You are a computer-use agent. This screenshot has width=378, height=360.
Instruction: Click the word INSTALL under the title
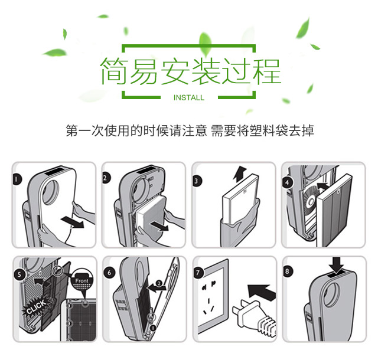[189, 97]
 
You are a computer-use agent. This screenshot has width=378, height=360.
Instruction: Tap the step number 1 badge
[17, 179]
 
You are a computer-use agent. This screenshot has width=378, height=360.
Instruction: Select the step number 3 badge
[197, 181]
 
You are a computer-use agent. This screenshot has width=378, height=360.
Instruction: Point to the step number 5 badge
[19, 274]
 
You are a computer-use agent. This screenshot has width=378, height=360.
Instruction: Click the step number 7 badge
[198, 273]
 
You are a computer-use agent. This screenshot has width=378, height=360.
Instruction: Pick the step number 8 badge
[287, 271]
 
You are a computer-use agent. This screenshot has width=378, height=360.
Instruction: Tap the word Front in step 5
[82, 281]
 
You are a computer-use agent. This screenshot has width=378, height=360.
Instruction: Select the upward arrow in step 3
[240, 174]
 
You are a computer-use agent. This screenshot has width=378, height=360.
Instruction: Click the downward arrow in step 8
[337, 265]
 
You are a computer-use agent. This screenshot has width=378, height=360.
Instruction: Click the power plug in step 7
[253, 316]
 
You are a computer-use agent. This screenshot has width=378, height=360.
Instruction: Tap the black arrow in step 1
[72, 222]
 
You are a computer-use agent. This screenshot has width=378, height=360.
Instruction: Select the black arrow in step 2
[159, 226]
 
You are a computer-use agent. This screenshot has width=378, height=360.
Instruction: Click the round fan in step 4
[311, 199]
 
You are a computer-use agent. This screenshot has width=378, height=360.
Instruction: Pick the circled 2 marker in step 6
[159, 283]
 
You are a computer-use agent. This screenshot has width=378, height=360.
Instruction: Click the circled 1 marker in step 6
[152, 328]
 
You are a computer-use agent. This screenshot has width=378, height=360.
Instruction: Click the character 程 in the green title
[266, 71]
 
